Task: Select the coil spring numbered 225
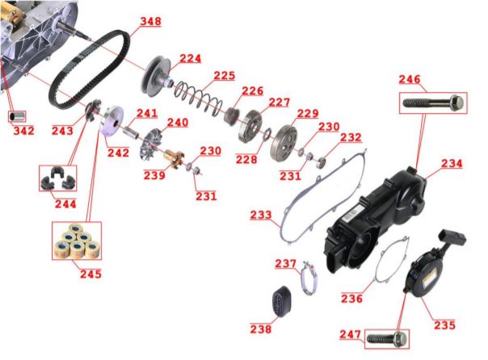click(x=199, y=96)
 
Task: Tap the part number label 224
click(x=190, y=58)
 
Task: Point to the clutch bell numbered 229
click(x=284, y=143)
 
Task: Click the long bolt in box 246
click(x=433, y=102)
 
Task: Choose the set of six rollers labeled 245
click(x=77, y=241)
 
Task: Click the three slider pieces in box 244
click(x=57, y=178)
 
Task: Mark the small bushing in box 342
click(x=17, y=116)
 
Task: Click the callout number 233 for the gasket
click(x=261, y=215)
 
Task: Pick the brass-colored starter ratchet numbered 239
click(x=174, y=158)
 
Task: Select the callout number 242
click(x=118, y=153)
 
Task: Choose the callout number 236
click(x=351, y=299)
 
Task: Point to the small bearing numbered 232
click(x=321, y=163)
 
